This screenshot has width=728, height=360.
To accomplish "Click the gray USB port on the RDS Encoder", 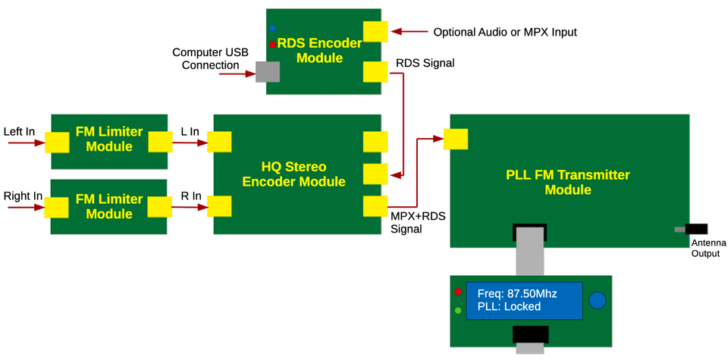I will pyautogui.click(x=267, y=72).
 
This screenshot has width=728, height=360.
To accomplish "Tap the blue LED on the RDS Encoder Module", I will pyautogui.click(x=272, y=29).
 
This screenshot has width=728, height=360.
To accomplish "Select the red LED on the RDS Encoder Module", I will pyautogui.click(x=272, y=45).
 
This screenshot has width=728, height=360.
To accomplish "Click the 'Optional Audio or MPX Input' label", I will pyautogui.click(x=504, y=33).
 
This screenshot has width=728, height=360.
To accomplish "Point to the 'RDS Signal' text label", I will pyautogui.click(x=425, y=64).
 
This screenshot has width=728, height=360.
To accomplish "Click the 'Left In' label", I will pyautogui.click(x=20, y=132).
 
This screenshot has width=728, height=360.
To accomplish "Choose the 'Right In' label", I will pyautogui.click(x=23, y=196).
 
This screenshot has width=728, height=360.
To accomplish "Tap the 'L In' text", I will pyautogui.click(x=190, y=132).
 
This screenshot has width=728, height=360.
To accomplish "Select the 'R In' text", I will pyautogui.click(x=190, y=196).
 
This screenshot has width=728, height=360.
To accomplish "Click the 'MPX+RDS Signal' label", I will pyautogui.click(x=418, y=222).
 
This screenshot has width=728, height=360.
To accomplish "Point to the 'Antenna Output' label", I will pyautogui.click(x=708, y=248).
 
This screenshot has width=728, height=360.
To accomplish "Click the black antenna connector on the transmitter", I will pyautogui.click(x=695, y=229).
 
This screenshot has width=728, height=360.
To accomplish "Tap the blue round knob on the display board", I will pyautogui.click(x=598, y=300).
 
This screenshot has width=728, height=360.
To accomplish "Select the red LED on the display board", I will pyautogui.click(x=458, y=292).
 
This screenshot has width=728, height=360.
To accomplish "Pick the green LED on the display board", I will pyautogui.click(x=458, y=310).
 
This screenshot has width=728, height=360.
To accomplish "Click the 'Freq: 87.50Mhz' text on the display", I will pyautogui.click(x=516, y=293).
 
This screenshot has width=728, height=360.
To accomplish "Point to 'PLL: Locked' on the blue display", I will pyautogui.click(x=509, y=307).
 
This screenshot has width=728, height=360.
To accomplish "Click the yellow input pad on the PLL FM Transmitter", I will pyautogui.click(x=456, y=139).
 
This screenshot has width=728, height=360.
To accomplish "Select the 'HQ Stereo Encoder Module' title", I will pyautogui.click(x=293, y=174).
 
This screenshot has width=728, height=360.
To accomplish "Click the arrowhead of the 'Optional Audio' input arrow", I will pyautogui.click(x=395, y=32).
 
